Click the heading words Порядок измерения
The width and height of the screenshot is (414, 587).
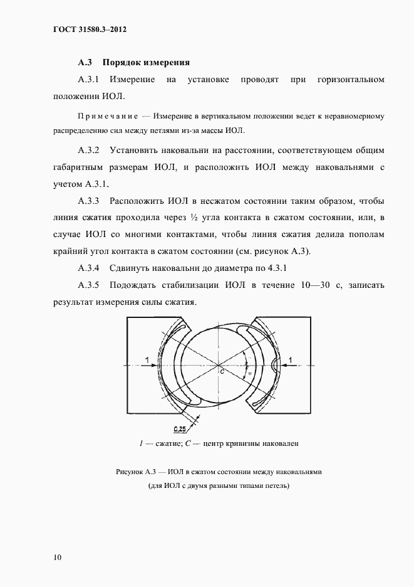pos(145,63)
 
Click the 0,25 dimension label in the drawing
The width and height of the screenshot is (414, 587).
pos(179,429)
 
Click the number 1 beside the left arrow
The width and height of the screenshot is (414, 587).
pos(146,359)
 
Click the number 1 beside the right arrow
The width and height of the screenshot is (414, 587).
pos(290,359)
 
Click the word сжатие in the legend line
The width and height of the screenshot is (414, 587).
pos(167,443)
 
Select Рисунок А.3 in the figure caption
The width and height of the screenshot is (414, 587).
pos(137,471)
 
